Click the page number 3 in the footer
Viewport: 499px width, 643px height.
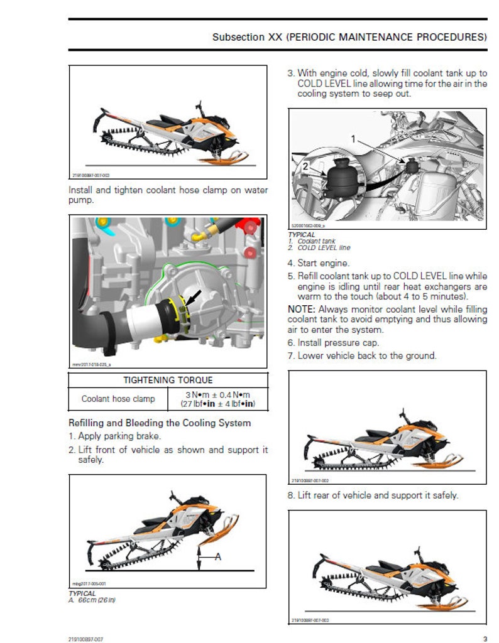tap(485, 639)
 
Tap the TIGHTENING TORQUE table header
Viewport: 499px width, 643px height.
tap(168, 380)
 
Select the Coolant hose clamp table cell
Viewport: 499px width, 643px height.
tap(118, 398)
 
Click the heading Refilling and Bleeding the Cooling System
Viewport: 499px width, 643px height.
tap(159, 423)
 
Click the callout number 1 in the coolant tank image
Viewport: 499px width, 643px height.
tap(353, 139)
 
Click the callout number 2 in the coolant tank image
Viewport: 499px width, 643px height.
tap(305, 166)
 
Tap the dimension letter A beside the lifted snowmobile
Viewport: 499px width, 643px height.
tap(217, 556)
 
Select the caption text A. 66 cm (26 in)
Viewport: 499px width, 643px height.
tap(92, 600)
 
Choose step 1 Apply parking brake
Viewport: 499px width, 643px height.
tap(114, 436)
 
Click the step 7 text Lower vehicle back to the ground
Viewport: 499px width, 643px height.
tap(361, 355)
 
